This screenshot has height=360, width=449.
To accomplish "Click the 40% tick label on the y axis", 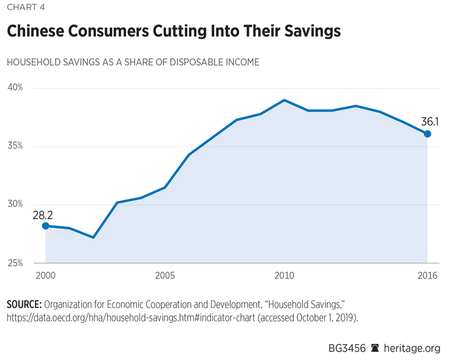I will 15,88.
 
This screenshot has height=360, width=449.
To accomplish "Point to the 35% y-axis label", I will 15,146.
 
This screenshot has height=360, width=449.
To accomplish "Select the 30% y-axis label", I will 15,204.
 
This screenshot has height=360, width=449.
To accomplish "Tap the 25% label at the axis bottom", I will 15,263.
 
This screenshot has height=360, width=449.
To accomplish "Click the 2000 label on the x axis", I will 45,276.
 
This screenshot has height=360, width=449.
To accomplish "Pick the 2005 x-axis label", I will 165,276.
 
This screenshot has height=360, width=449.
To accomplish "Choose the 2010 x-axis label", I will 284,276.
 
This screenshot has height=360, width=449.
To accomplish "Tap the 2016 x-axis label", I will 428,276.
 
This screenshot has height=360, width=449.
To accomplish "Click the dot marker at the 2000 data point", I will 45,226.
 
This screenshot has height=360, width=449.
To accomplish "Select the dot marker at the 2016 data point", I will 428,133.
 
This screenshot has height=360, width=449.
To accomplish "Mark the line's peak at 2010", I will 284,100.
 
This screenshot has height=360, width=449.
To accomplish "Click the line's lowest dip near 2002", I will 93,237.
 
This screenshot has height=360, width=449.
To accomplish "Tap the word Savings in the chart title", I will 308,31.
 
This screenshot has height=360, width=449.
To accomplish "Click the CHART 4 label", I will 24,7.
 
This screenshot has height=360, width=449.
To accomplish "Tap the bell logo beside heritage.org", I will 375,348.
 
